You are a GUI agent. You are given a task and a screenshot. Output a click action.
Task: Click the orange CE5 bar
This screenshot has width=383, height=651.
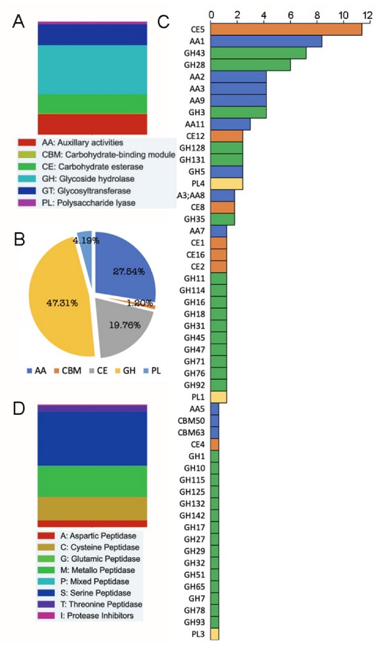click(286, 29)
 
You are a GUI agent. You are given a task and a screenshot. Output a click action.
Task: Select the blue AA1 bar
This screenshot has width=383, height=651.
click(266, 41)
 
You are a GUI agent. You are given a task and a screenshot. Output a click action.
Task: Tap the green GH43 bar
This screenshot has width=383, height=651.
click(258, 53)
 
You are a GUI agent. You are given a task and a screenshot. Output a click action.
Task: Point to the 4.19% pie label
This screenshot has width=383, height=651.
click(86, 241)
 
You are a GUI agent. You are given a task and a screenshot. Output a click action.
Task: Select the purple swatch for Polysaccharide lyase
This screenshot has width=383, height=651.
click(27, 202)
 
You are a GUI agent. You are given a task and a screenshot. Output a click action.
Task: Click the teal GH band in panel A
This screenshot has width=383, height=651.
click(92, 69)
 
